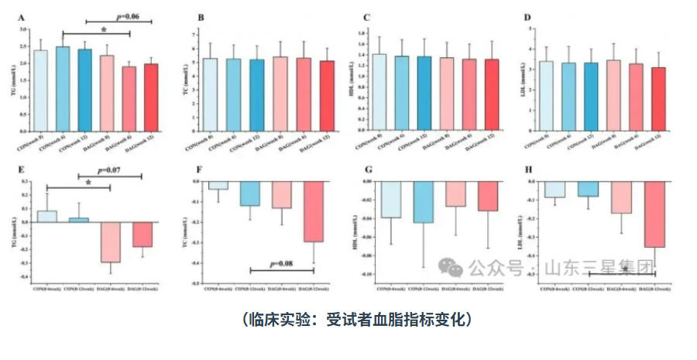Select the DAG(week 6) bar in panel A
pyautogui.click(x=129, y=98)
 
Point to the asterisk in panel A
pyautogui.click(x=104, y=29)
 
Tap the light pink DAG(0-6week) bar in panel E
pyautogui.click(x=109, y=242)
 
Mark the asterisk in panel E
pyautogui.click(x=88, y=183)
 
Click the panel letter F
pyautogui.click(x=199, y=170)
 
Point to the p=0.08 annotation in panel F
pyautogui.click(x=280, y=263)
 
